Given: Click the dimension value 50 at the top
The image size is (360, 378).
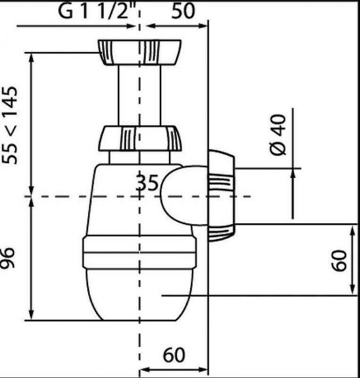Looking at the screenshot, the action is (183, 11).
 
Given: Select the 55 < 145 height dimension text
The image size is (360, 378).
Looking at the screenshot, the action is (10, 125).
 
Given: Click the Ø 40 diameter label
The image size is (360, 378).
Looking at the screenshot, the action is (278, 135).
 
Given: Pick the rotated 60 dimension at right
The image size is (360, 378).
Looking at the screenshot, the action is (338, 261).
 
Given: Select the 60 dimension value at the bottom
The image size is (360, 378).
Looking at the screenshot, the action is (174, 355).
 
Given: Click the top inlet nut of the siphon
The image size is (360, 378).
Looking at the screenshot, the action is (139, 52).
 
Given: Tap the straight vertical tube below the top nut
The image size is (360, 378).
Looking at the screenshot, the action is (139, 95).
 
